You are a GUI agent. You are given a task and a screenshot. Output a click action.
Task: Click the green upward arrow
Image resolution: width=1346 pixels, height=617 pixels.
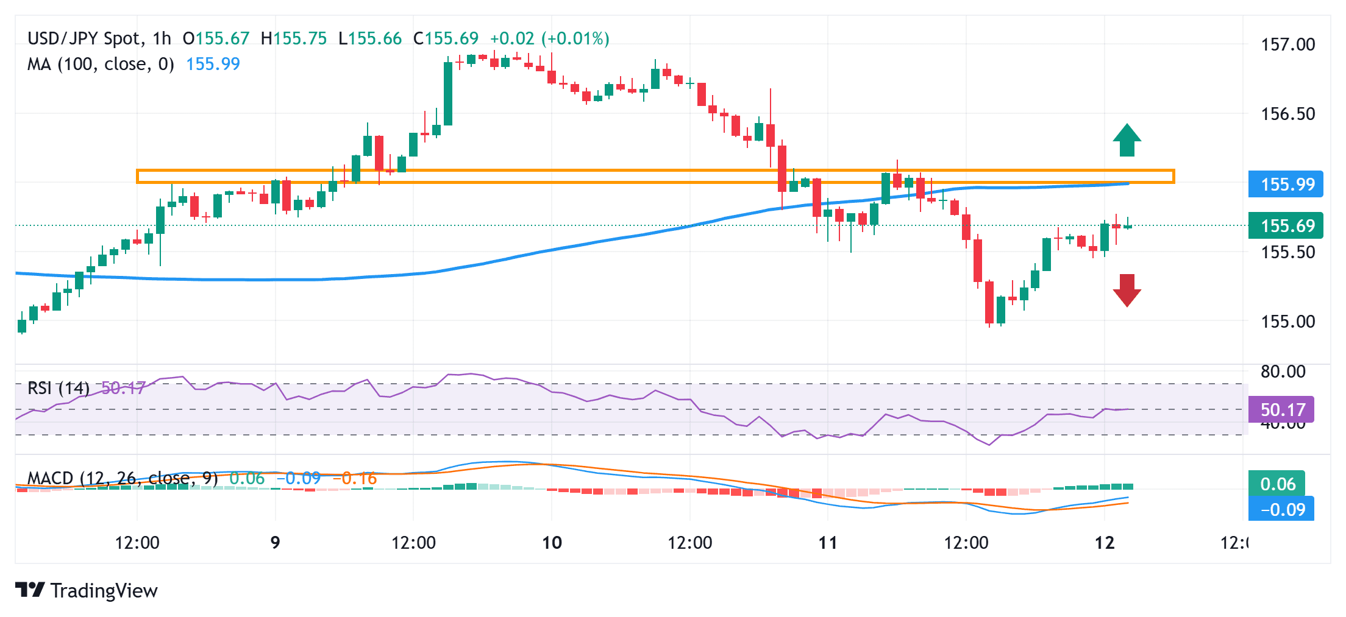pyautogui.click(x=1127, y=141)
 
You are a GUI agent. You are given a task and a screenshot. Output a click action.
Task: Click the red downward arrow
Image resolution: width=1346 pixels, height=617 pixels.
pyautogui.click(x=1127, y=290)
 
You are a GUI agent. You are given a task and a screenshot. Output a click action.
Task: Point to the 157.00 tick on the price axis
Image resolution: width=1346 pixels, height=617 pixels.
pyautogui.click(x=1287, y=44)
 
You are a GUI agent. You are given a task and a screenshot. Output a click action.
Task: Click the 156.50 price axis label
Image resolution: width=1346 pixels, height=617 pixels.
pyautogui.click(x=1287, y=114)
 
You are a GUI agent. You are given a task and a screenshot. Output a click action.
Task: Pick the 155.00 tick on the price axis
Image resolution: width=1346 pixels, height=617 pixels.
pyautogui.click(x=1287, y=321)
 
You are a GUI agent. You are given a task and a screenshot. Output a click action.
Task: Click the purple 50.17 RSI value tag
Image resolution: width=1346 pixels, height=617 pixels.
pyautogui.click(x=1281, y=409)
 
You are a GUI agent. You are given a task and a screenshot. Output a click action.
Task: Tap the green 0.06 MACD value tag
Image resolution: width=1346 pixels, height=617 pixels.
pyautogui.click(x=1277, y=484)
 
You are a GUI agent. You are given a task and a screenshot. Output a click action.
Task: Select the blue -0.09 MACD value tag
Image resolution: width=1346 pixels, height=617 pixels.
pyautogui.click(x=1281, y=509)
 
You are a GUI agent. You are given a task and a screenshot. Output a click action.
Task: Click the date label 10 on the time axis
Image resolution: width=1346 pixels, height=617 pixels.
pyautogui.click(x=552, y=542)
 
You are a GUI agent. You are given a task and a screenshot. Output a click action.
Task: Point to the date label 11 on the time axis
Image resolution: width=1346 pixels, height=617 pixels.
pyautogui.click(x=828, y=542)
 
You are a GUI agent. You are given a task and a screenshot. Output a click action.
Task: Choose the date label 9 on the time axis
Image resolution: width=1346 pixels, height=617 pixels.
pyautogui.click(x=276, y=542)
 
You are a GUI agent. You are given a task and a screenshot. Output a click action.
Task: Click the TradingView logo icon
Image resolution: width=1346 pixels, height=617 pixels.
pyautogui.click(x=30, y=590)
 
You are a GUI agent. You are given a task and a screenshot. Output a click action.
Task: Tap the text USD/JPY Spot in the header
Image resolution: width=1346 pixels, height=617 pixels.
pyautogui.click(x=84, y=38)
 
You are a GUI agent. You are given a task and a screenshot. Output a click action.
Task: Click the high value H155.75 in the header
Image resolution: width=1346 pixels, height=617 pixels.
pyautogui.click(x=293, y=38)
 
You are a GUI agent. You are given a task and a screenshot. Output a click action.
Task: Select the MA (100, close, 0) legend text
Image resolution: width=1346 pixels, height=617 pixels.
pyautogui.click(x=101, y=64)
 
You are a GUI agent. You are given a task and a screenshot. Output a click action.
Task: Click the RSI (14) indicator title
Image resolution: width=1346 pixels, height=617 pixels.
pyautogui.click(x=59, y=388)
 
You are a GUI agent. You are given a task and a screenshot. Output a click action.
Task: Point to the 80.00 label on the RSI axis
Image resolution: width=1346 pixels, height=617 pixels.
pyautogui.click(x=1283, y=372)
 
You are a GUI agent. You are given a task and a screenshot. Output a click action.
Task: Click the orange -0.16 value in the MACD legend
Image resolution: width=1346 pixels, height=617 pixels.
pyautogui.click(x=355, y=479)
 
